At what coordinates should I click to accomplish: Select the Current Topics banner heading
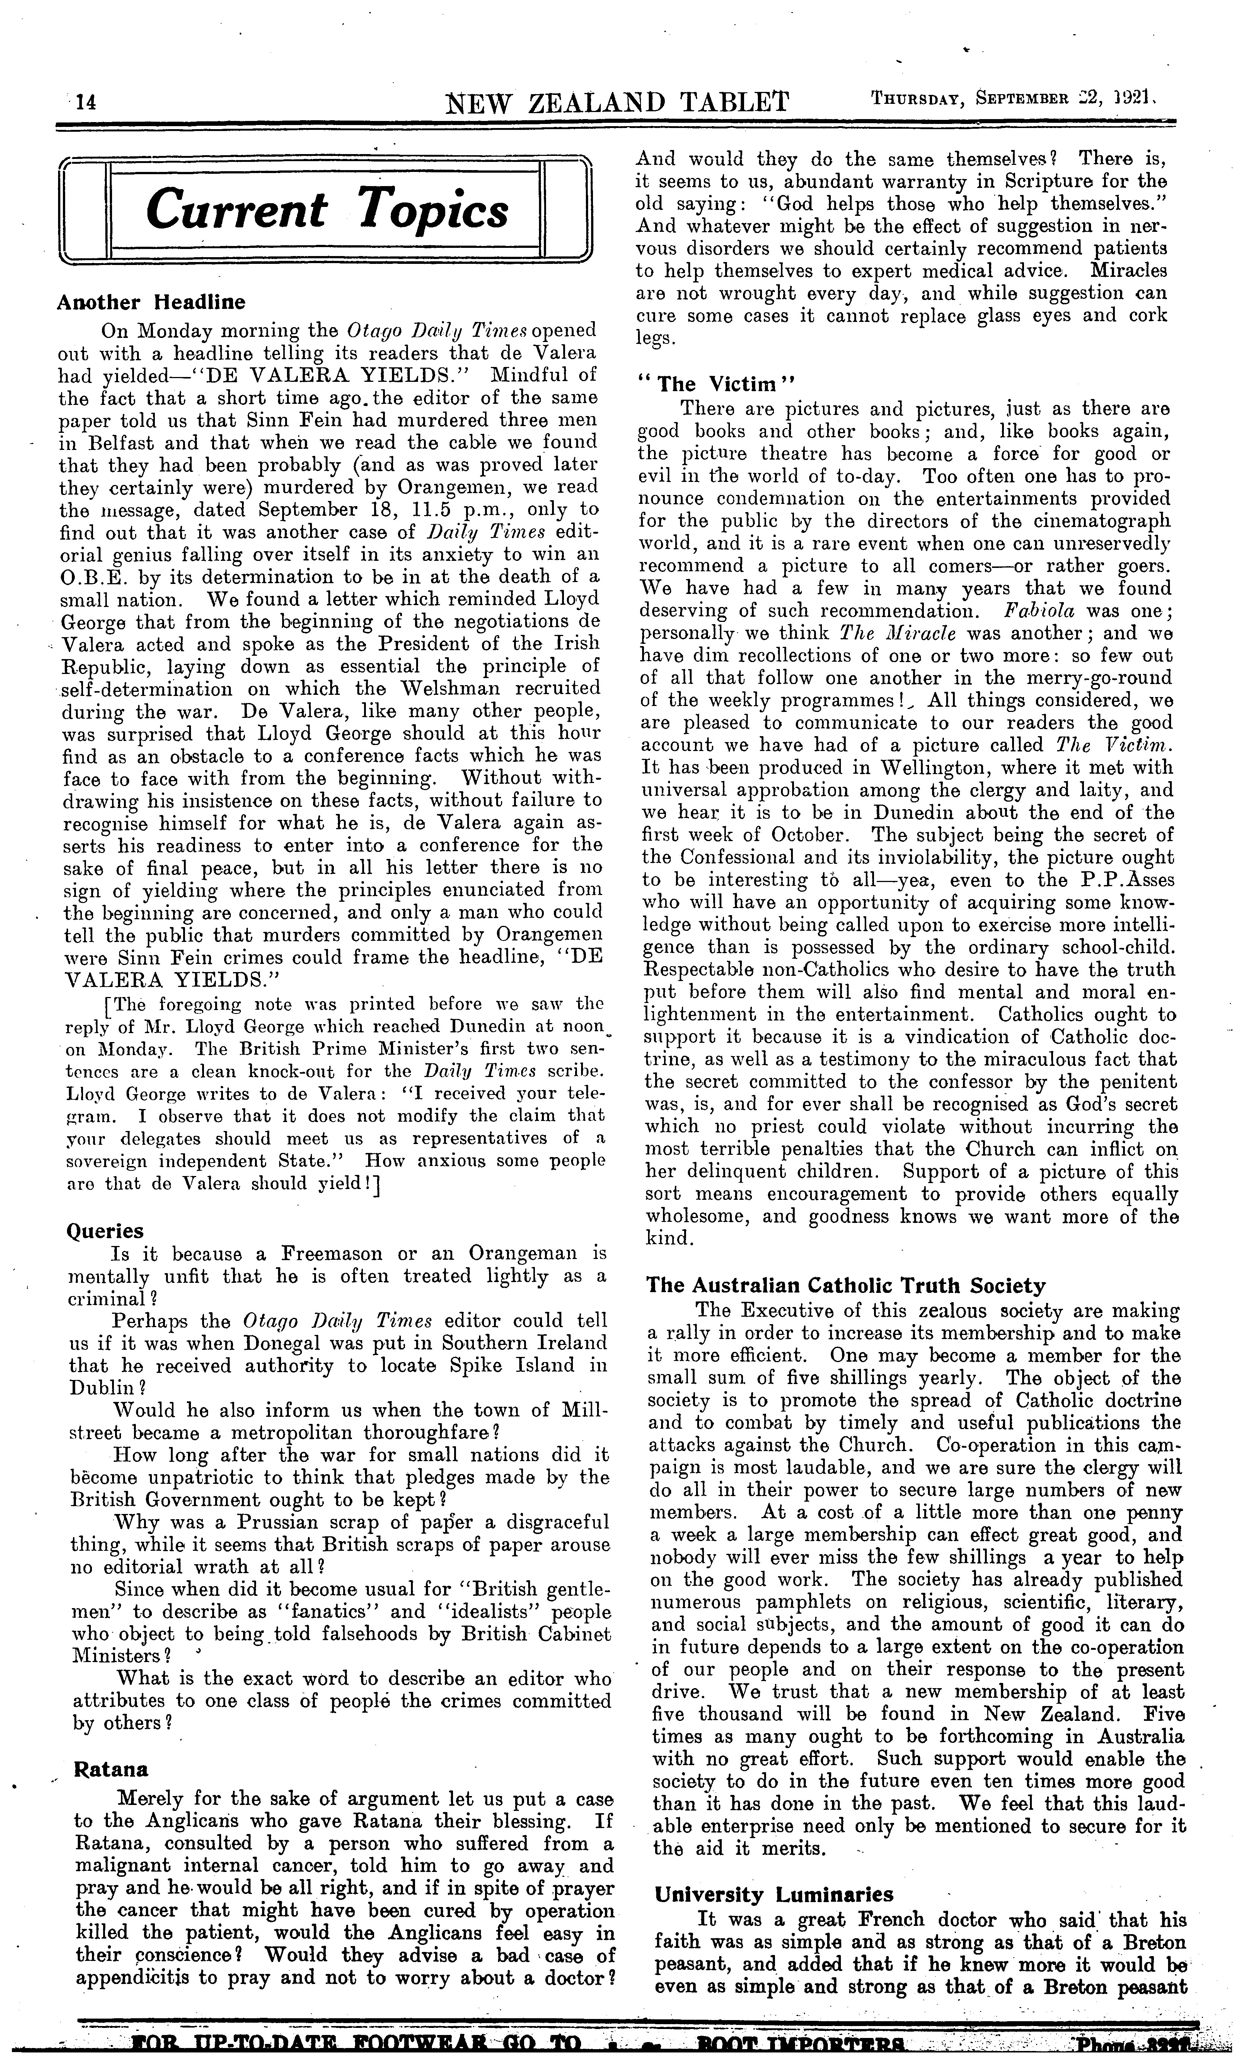tap(327, 210)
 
